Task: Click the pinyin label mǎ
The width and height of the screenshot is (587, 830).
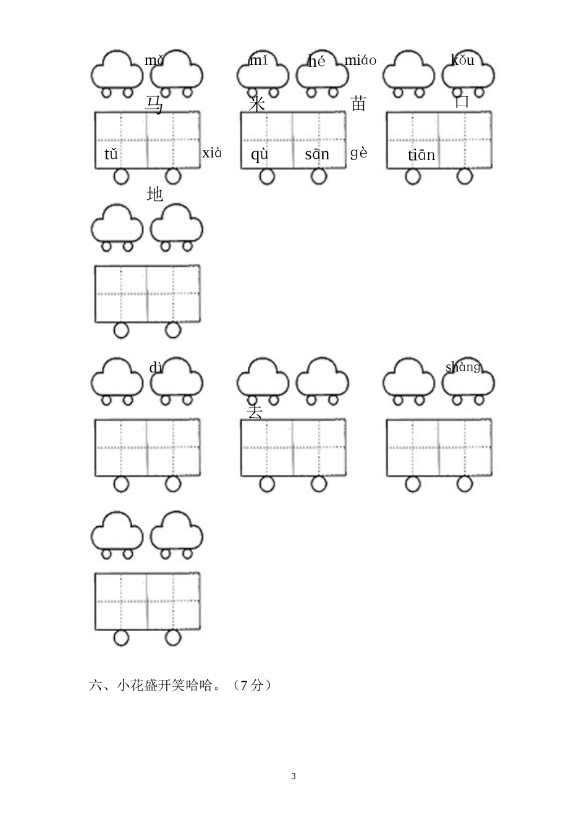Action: click(154, 60)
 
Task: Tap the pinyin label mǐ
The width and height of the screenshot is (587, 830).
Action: click(258, 60)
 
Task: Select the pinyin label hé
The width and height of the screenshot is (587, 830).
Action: click(316, 61)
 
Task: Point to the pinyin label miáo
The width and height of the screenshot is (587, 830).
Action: click(360, 60)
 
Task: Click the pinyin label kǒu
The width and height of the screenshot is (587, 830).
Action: click(463, 60)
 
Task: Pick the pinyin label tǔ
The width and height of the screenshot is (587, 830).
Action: click(111, 154)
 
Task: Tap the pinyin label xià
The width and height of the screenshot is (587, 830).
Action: click(212, 153)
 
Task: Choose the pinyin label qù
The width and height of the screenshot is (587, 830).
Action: click(260, 154)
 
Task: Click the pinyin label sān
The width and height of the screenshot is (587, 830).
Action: click(317, 154)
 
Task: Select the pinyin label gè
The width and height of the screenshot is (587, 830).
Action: click(359, 153)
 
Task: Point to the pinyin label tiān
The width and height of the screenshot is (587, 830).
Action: click(421, 155)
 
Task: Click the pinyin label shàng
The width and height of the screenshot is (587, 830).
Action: click(463, 367)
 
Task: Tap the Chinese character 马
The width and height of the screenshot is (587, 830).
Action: click(154, 104)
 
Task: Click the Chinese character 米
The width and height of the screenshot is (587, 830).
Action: click(256, 104)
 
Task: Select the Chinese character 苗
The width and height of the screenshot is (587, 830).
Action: click(358, 103)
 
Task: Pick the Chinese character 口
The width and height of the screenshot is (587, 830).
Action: click(462, 102)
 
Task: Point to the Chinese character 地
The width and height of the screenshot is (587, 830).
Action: click(154, 194)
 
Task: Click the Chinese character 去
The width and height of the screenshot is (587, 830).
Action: click(255, 412)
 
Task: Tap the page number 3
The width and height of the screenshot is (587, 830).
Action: click(293, 776)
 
